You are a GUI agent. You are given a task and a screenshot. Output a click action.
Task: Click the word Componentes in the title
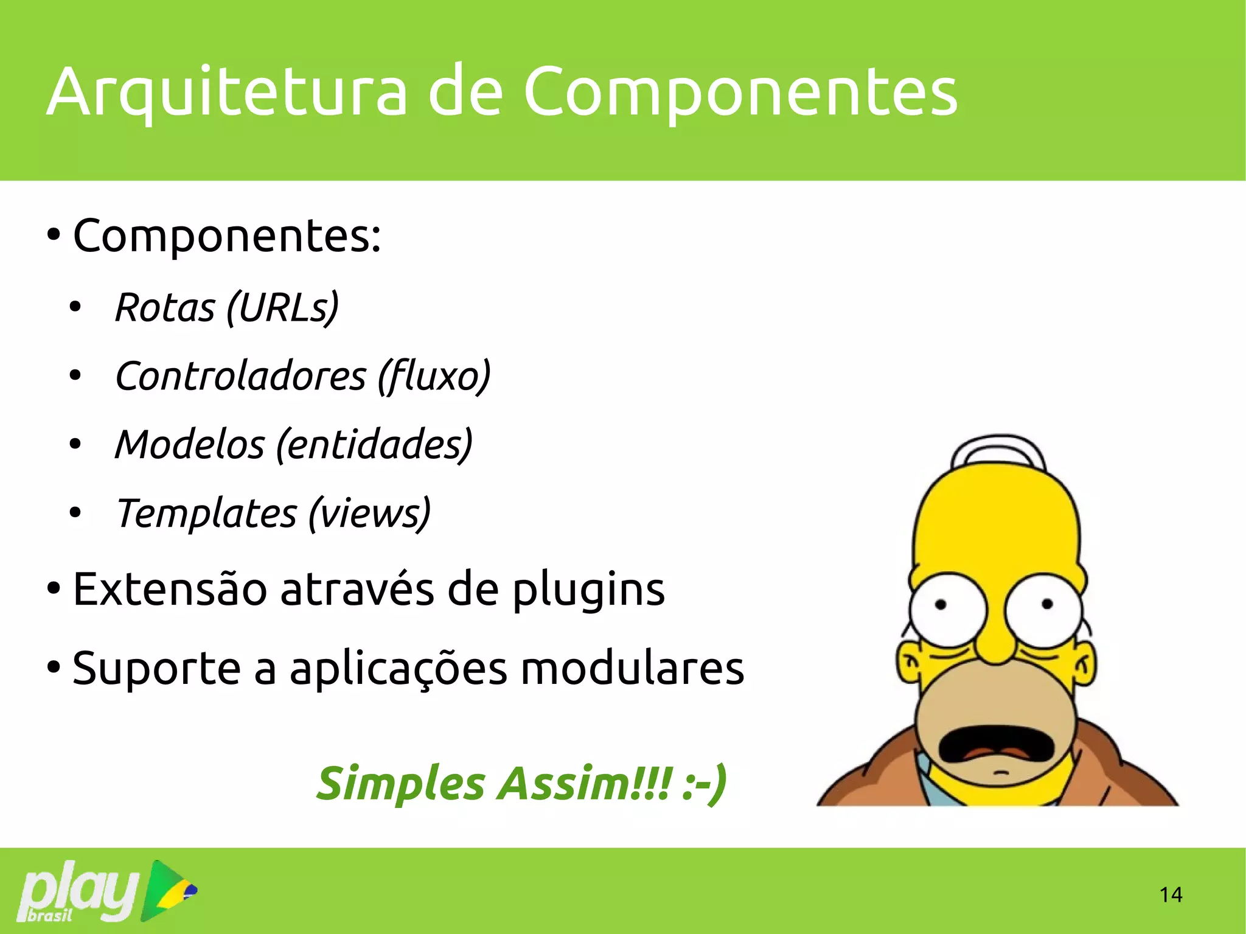(x=740, y=92)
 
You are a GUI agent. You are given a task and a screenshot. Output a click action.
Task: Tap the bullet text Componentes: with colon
(x=226, y=236)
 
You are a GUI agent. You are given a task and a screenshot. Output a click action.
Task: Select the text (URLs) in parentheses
(x=282, y=307)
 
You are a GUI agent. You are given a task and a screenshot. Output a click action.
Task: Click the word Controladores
(x=240, y=376)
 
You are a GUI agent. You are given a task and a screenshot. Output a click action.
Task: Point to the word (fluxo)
(x=433, y=376)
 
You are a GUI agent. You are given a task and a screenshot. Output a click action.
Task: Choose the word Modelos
(x=189, y=444)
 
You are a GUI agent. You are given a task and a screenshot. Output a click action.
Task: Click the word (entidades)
(x=374, y=444)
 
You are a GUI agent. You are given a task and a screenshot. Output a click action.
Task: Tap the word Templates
(x=206, y=513)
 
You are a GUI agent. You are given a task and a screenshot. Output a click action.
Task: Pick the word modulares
(x=633, y=668)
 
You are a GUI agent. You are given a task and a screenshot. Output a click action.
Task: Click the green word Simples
(x=400, y=784)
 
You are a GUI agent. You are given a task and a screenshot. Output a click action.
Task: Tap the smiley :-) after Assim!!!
(x=704, y=784)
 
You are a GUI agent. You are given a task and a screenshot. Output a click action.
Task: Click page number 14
(x=1171, y=895)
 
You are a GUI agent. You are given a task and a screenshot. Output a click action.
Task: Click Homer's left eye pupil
(x=941, y=605)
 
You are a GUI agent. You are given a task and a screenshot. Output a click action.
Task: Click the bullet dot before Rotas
(x=75, y=308)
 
